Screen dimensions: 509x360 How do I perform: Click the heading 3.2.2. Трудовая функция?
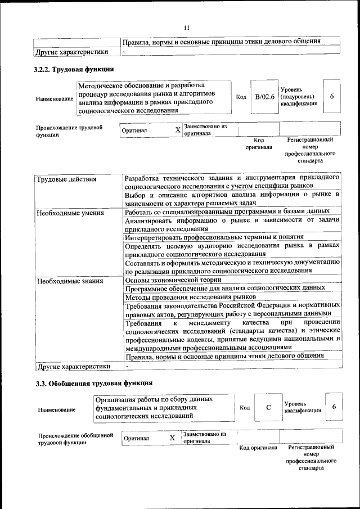pos(74,70)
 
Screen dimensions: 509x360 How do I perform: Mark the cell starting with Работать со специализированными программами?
pos(227,211)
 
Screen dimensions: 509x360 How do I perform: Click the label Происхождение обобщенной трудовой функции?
pos(71,439)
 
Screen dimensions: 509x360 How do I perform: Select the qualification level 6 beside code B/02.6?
pos(332,97)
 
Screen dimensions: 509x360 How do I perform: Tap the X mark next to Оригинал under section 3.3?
pos(172,438)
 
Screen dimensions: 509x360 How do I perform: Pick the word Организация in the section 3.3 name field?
pos(116,399)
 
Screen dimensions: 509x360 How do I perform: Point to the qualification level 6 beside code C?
pos(334,407)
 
